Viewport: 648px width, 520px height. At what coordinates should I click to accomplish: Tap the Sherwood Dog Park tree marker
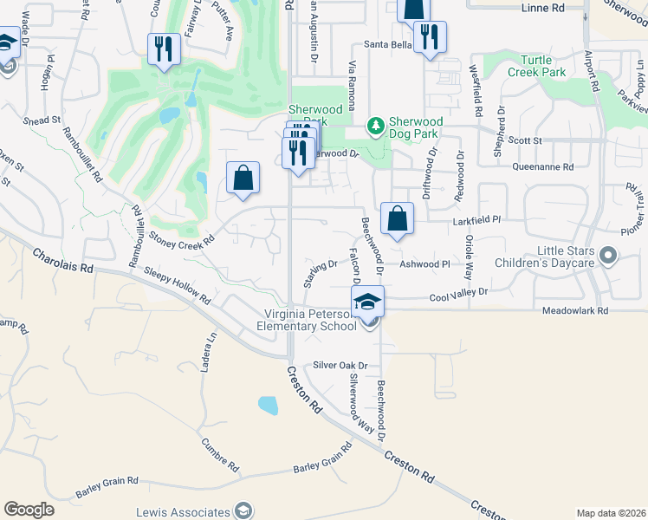pos(376,127)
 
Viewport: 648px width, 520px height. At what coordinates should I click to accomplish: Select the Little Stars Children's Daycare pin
pos(608,256)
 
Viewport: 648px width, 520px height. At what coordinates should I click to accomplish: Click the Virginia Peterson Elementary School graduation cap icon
pos(367,301)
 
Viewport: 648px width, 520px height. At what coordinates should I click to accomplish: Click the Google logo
pos(29,510)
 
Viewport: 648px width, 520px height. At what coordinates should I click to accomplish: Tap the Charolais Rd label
pos(62,261)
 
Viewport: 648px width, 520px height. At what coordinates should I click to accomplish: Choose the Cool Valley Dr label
pos(459,294)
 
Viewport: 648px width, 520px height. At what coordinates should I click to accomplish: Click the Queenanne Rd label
pos(543,166)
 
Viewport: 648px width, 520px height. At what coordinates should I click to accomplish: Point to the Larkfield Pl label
pos(477,222)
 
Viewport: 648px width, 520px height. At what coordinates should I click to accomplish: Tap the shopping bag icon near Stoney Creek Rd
pos(243,178)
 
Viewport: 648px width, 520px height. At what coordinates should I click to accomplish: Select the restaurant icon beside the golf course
pos(163,49)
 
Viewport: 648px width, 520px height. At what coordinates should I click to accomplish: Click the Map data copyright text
pos(610,513)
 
